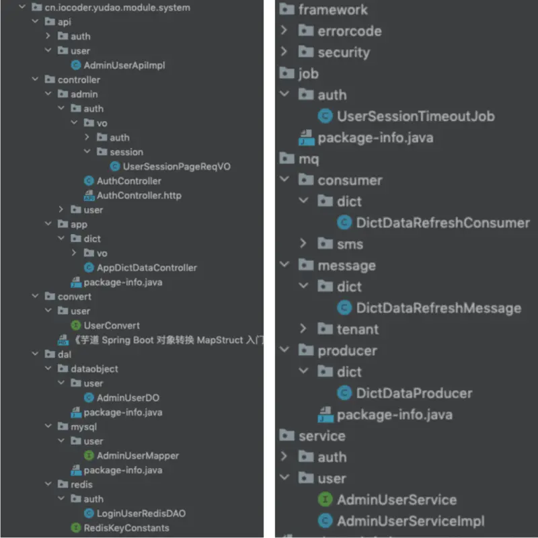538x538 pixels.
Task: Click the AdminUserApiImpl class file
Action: click(124, 65)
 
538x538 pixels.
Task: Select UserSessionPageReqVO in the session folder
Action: click(176, 166)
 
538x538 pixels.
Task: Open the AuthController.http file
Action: click(139, 195)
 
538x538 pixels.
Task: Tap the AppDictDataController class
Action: click(147, 267)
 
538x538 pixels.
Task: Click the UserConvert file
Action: click(112, 325)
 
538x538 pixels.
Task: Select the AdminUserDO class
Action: click(128, 397)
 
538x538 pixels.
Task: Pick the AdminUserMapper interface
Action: click(137, 455)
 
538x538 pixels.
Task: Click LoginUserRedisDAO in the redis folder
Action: click(141, 513)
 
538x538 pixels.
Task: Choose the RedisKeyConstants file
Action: click(126, 528)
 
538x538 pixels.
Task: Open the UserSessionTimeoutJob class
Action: click(415, 116)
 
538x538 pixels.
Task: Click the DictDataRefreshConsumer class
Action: click(443, 223)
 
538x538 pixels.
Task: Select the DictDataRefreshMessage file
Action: click(438, 308)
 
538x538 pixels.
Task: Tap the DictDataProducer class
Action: click(414, 393)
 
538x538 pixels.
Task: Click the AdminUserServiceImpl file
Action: click(410, 521)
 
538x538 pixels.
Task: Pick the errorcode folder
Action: click(349, 31)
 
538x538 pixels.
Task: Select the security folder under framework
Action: click(343, 52)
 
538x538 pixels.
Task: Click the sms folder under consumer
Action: click(350, 243)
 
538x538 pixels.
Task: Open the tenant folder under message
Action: click(357, 330)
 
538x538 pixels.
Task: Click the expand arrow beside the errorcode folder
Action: click(284, 31)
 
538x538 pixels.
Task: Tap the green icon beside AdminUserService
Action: click(325, 500)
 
